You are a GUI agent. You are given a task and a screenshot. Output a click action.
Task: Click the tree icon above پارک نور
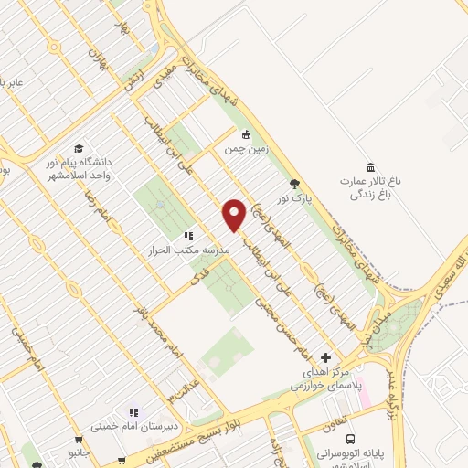[x=293, y=184]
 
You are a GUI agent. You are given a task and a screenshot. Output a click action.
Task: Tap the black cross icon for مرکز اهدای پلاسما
[x=326, y=356]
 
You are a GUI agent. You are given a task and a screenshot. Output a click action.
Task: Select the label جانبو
[x=80, y=452]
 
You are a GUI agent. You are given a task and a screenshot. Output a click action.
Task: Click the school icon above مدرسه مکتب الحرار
[x=188, y=235]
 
